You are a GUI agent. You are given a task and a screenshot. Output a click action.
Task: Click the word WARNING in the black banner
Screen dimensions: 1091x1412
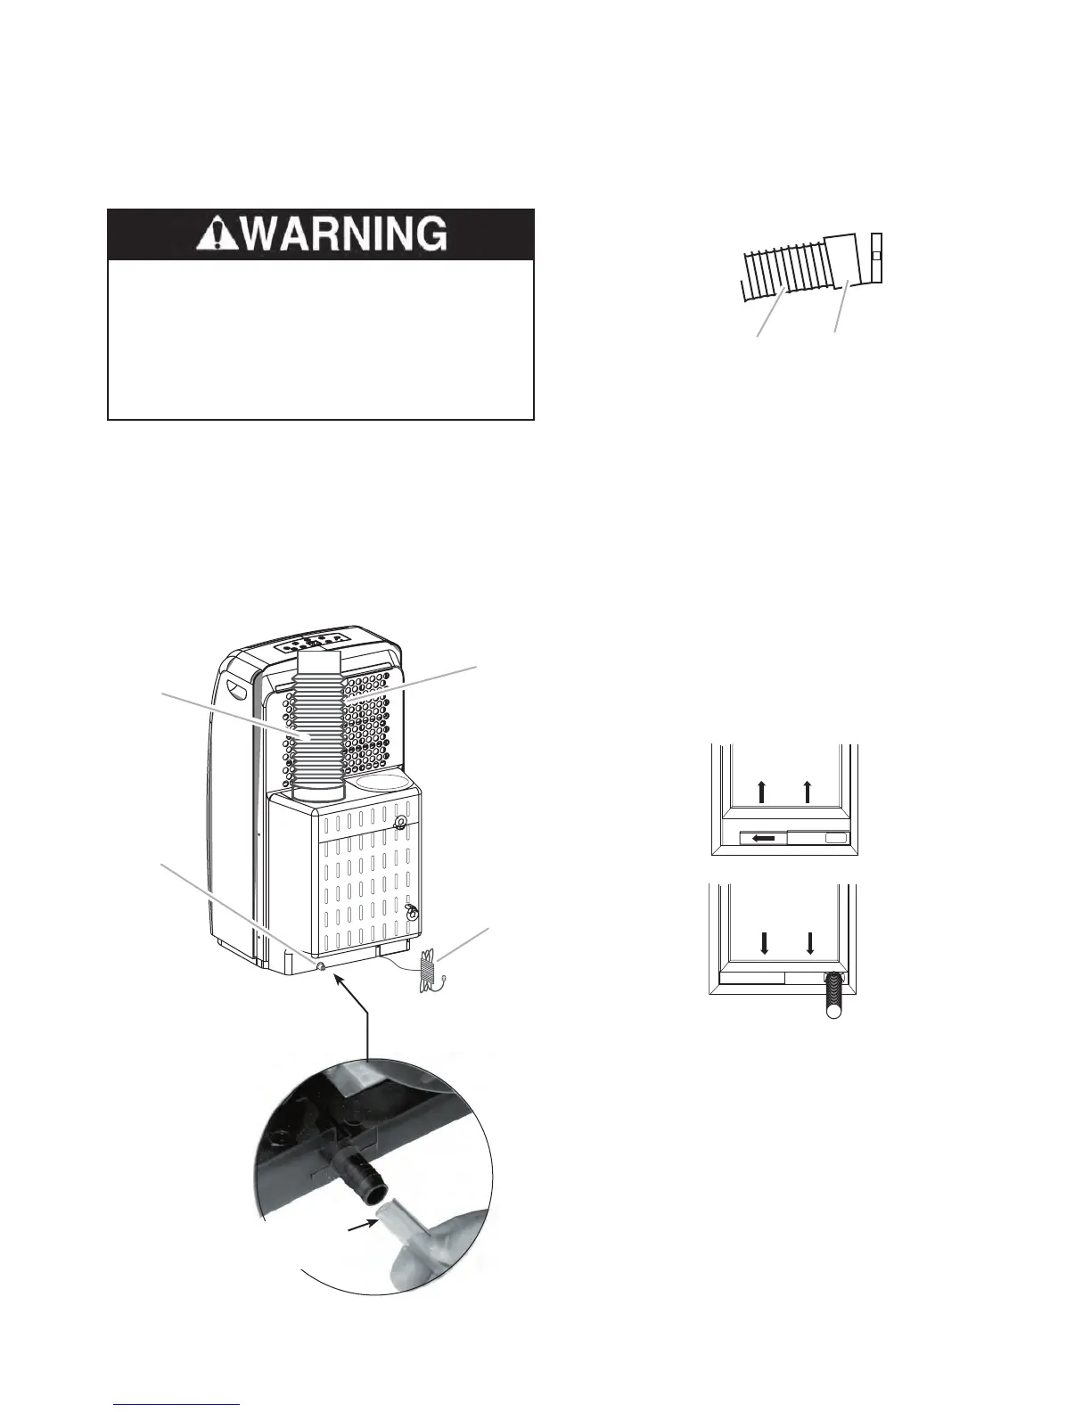click(x=345, y=234)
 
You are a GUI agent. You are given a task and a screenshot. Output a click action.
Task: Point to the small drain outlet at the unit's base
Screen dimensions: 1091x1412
click(x=320, y=965)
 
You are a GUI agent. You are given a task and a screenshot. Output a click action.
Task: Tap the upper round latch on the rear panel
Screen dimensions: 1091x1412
click(x=401, y=823)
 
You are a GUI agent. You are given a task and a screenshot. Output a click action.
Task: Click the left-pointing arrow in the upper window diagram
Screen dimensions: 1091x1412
click(x=764, y=838)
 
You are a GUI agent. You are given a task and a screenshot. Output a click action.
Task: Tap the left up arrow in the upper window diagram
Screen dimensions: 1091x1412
click(x=761, y=789)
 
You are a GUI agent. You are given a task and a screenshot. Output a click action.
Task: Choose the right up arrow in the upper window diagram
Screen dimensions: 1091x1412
click(x=808, y=789)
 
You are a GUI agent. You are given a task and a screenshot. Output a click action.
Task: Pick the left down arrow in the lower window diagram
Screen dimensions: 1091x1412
click(x=764, y=943)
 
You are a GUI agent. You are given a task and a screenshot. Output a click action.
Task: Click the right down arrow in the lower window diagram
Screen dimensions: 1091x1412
click(x=810, y=943)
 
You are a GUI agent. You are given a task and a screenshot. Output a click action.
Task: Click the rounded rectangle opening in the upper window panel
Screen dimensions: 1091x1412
click(x=835, y=838)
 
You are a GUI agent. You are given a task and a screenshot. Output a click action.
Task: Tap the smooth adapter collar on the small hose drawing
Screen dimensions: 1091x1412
click(x=841, y=260)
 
